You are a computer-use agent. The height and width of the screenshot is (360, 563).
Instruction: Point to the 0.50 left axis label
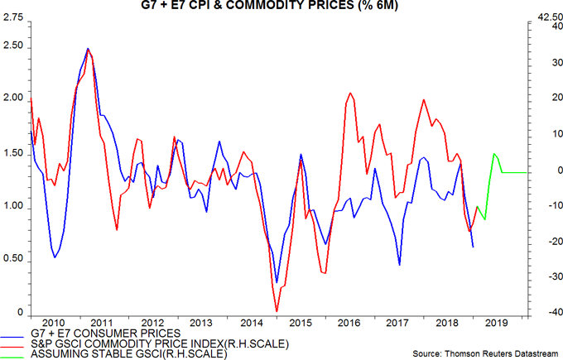coord(13,259)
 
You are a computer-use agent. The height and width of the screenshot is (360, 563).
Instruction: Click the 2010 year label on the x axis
coord(53,323)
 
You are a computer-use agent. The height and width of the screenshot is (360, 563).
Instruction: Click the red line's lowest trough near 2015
coord(276,311)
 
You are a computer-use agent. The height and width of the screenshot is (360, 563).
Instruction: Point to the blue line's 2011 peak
coord(88,49)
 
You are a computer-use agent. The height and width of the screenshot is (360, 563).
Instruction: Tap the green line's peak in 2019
coord(494,154)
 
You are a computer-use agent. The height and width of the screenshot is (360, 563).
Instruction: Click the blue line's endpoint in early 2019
coord(473,247)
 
